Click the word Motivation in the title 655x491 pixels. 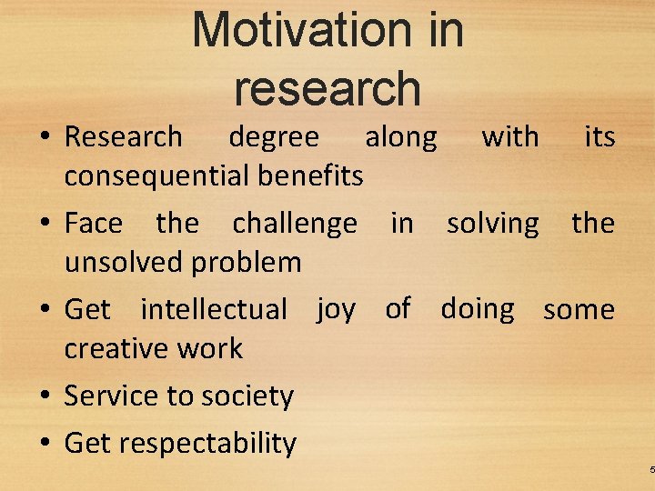pos(287,30)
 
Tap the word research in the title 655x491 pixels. pos(327,88)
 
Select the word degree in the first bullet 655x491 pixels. pos(274,137)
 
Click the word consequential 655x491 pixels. pos(154,175)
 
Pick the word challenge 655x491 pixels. pos(295,224)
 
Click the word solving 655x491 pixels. pos(492,224)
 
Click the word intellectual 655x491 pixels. pos(214,309)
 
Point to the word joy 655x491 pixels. pos(336,310)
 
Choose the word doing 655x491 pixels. pos(478,309)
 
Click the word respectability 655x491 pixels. pos(207,444)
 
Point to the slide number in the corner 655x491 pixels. pos(651,469)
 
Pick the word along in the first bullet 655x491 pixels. pos(400,137)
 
